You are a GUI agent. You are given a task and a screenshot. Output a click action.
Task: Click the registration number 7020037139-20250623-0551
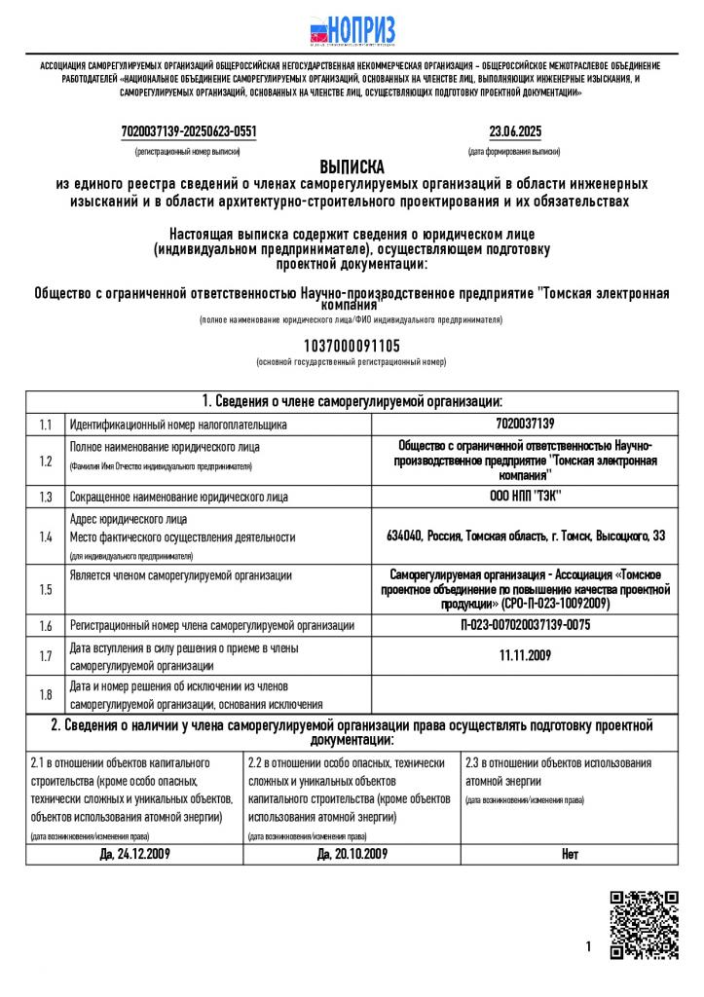pyautogui.click(x=189, y=131)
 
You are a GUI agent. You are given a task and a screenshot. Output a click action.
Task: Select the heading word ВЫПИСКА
pyautogui.click(x=352, y=166)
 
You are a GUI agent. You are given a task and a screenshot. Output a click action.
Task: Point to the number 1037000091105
pyautogui.click(x=352, y=346)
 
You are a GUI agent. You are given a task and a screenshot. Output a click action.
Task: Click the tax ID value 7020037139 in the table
pyautogui.click(x=524, y=425)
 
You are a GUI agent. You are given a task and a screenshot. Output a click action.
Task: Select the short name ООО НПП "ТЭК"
pyautogui.click(x=525, y=497)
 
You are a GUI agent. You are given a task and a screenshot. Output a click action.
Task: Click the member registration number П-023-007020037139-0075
pyautogui.click(x=525, y=625)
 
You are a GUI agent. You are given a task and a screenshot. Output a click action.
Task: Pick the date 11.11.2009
pyautogui.click(x=525, y=655)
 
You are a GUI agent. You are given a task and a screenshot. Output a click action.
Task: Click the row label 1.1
pyautogui.click(x=45, y=425)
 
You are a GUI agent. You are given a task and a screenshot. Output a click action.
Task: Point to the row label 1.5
pyautogui.click(x=45, y=589)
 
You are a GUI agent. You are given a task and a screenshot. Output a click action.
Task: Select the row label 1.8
pyautogui.click(x=45, y=695)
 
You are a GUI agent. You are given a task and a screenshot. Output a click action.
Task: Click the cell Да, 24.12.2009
pyautogui.click(x=134, y=855)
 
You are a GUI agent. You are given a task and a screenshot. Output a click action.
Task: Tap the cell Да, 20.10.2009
pyautogui.click(x=352, y=855)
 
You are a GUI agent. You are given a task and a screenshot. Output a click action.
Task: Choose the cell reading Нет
pyautogui.click(x=570, y=855)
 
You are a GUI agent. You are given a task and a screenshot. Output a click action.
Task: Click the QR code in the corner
pyautogui.click(x=643, y=925)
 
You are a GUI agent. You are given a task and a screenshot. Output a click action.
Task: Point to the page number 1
pyautogui.click(x=589, y=946)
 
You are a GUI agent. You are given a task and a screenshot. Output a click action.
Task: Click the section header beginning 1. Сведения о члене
pyautogui.click(x=352, y=401)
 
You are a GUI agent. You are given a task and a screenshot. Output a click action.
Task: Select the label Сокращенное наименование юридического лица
pyautogui.click(x=178, y=497)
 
